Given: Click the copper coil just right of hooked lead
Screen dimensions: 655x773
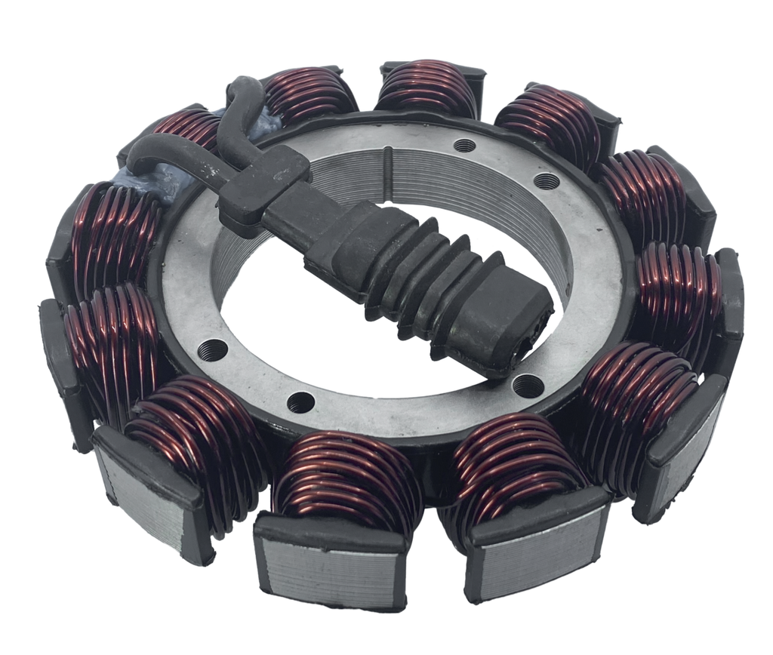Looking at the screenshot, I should click(x=310, y=94).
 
